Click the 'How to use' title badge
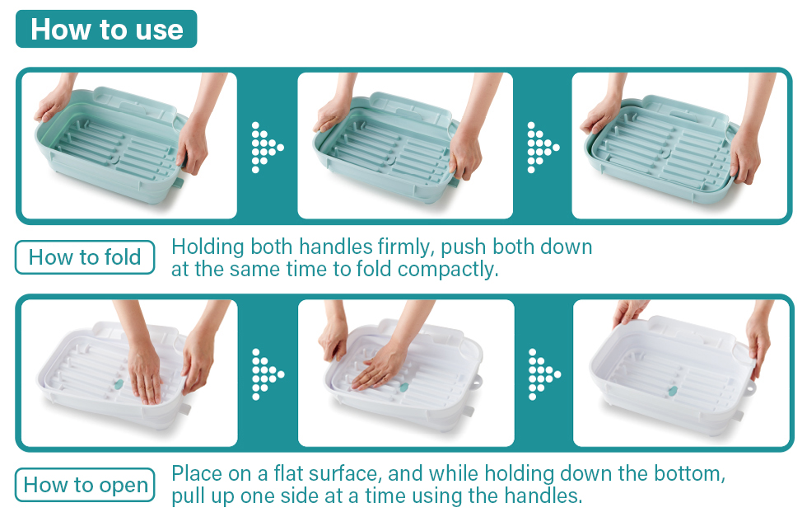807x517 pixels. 106,29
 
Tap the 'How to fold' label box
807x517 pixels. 85,257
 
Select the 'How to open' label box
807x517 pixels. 85,485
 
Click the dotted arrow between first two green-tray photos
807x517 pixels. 267,148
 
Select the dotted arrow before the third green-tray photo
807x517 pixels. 543,148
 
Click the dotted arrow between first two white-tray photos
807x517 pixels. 267,374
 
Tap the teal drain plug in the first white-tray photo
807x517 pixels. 119,384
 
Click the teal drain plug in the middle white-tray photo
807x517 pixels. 403,387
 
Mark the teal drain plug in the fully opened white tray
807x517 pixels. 672,392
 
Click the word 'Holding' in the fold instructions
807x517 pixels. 208,247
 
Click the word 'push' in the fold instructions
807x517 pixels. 463,247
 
